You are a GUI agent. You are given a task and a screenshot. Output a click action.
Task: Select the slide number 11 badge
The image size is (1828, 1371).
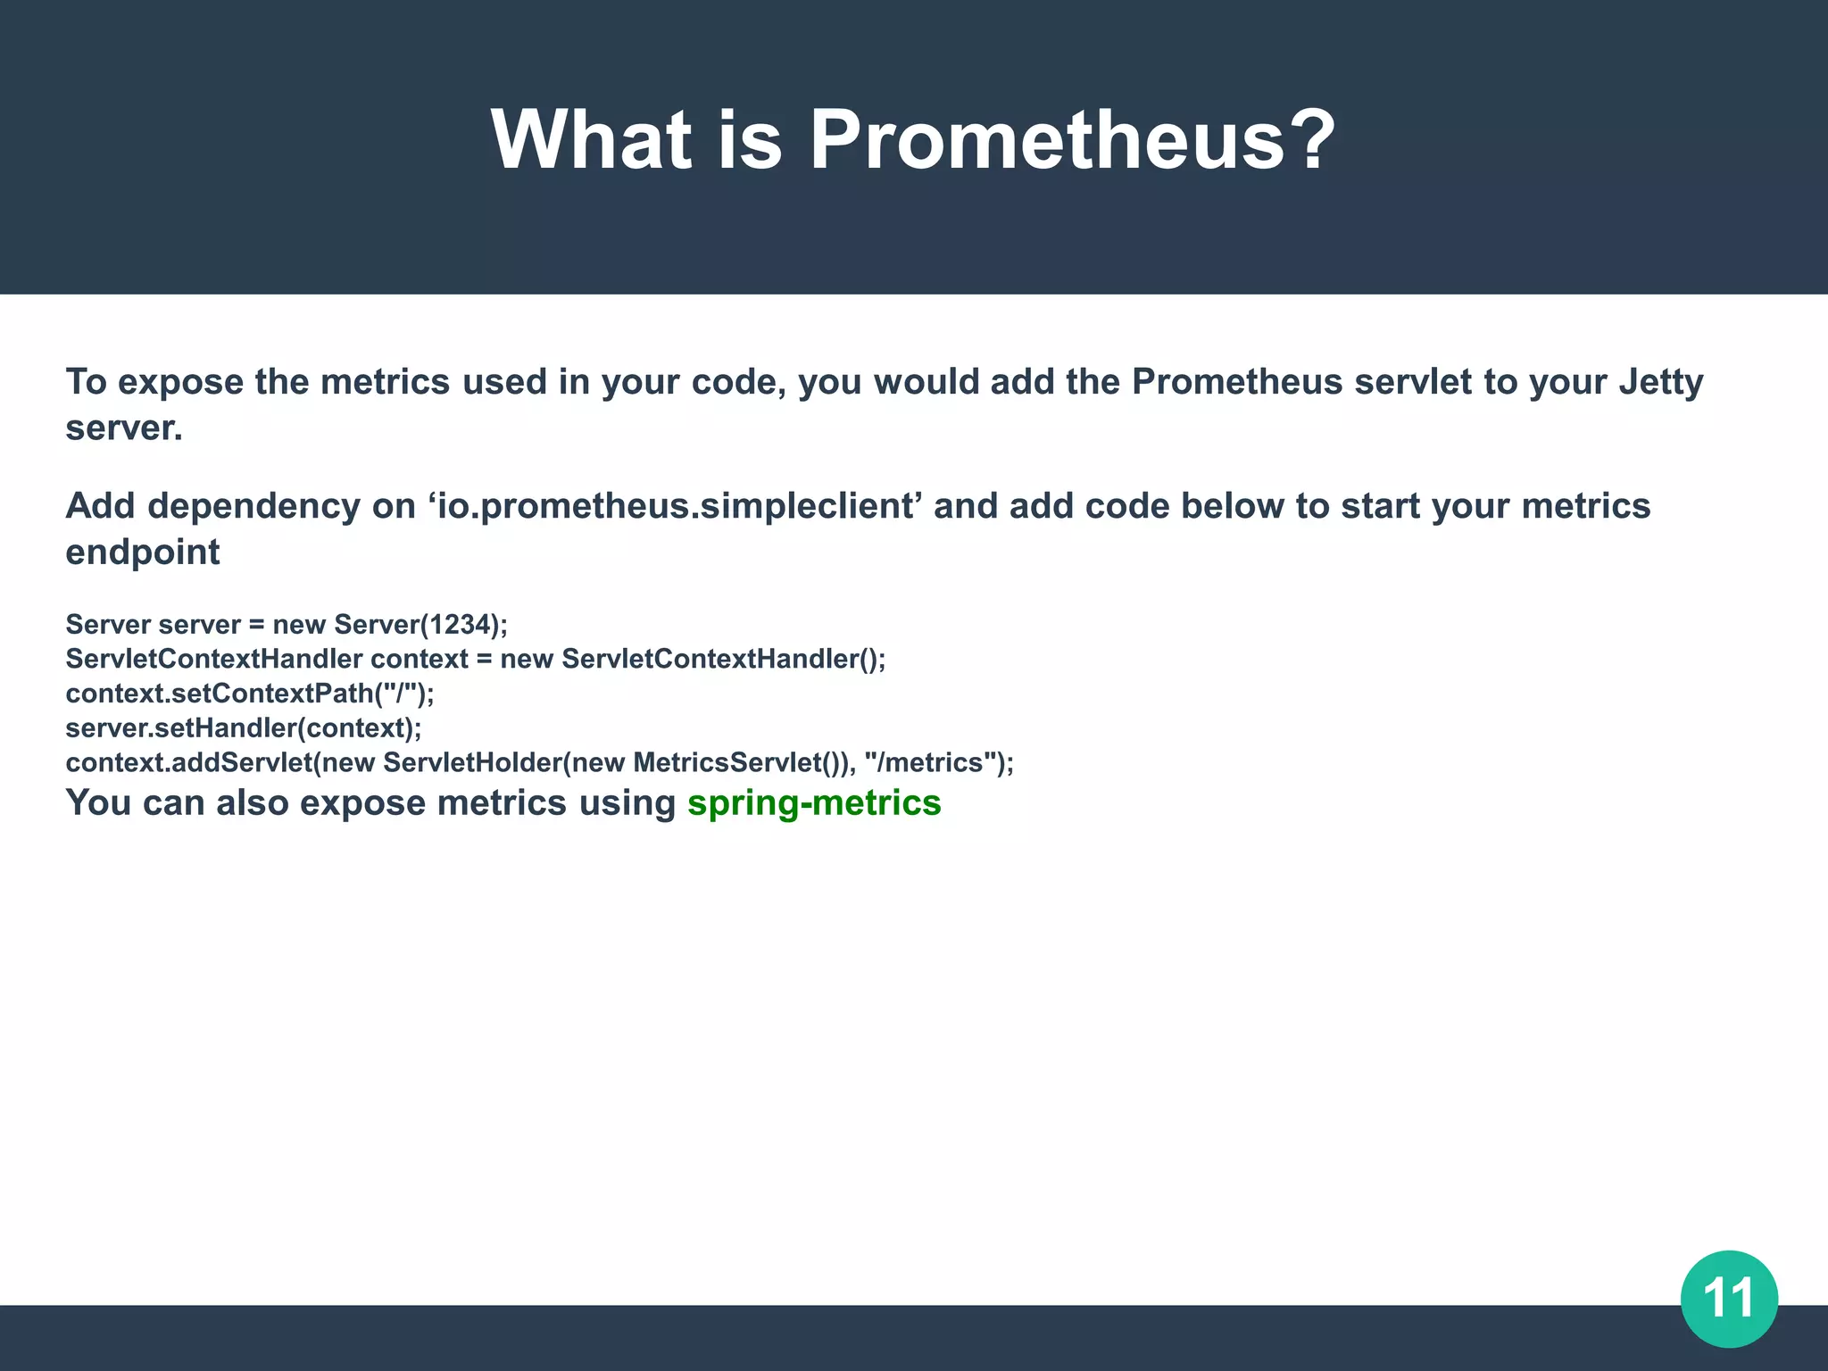click(1729, 1298)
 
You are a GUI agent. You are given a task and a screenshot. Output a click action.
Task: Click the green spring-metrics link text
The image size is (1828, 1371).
click(814, 802)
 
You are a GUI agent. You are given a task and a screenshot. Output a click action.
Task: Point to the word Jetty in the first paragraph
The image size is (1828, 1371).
click(1661, 383)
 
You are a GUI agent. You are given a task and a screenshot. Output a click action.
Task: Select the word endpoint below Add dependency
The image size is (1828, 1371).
click(143, 553)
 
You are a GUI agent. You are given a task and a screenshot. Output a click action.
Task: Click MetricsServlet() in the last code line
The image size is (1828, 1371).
click(735, 763)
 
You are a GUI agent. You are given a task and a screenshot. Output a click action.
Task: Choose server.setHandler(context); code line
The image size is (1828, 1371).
click(243, 728)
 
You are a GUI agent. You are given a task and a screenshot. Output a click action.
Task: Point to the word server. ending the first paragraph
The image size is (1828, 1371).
click(124, 428)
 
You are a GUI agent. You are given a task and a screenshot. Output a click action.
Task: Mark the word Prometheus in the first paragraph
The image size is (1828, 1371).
click(1236, 382)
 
